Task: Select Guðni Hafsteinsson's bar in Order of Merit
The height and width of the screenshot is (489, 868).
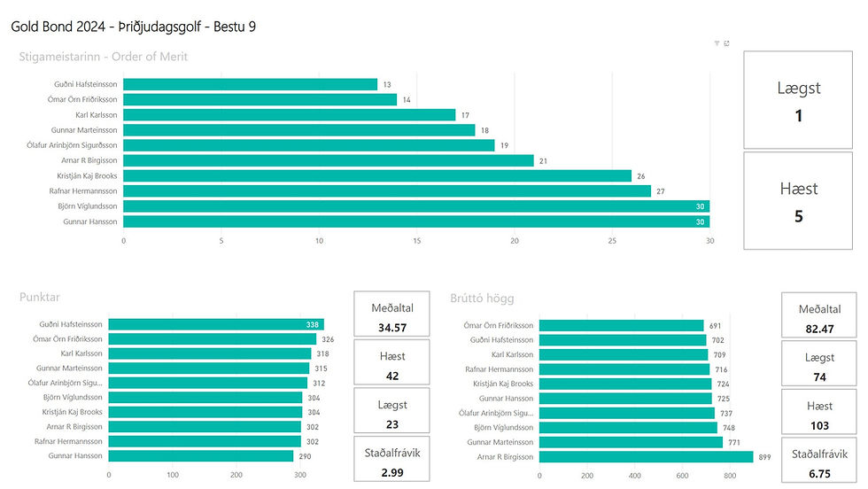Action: point(250,84)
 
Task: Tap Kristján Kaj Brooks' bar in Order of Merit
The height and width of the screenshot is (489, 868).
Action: point(377,175)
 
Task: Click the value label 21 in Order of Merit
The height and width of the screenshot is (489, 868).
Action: point(543,160)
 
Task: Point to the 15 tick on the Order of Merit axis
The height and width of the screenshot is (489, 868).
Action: point(416,240)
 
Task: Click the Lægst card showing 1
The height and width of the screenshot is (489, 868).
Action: point(798,99)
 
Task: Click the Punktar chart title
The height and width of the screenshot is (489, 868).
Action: point(40,298)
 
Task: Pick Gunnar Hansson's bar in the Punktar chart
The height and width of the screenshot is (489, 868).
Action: point(200,455)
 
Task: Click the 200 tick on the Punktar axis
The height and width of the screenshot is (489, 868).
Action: point(236,475)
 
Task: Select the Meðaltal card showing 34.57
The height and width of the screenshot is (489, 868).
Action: point(391,316)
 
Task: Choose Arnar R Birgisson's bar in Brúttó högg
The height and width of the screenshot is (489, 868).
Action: point(646,457)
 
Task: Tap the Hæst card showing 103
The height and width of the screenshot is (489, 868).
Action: point(820,413)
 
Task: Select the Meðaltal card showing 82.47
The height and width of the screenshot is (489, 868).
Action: point(820,316)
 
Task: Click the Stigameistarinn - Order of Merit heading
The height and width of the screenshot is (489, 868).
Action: point(103,57)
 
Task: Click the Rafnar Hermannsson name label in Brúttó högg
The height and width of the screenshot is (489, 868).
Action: point(500,369)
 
